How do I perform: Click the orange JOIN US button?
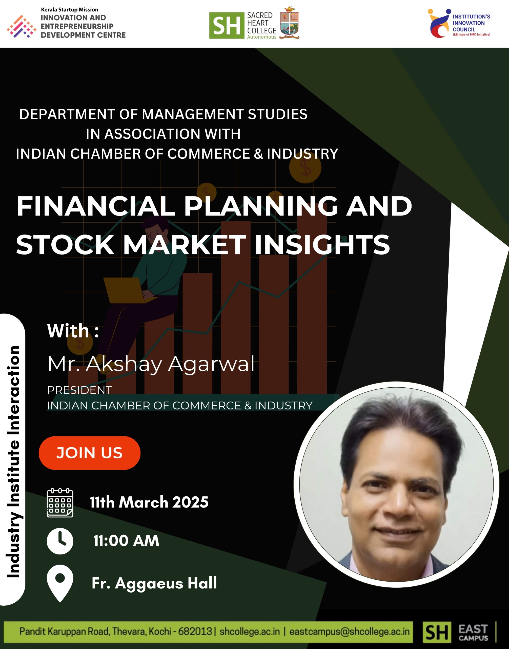point(89,453)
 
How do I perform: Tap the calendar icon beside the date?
point(60,503)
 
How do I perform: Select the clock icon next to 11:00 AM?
point(60,541)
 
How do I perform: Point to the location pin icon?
point(60,583)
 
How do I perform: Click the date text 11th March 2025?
point(149,502)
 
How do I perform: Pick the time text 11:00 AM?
point(126,541)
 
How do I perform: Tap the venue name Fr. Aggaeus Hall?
point(154,583)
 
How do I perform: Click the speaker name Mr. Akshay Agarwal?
point(151,364)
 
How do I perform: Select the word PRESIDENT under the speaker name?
point(79,390)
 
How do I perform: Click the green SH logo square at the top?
point(227,25)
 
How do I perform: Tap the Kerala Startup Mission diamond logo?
point(22,26)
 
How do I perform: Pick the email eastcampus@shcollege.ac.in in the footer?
point(349,632)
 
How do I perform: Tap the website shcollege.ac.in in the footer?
point(250,632)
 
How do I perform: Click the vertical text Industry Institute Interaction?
point(13,462)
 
